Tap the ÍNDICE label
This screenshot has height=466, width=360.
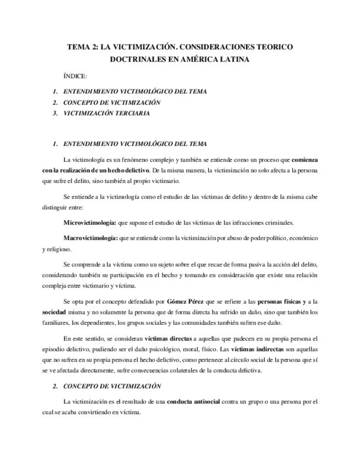point(75,76)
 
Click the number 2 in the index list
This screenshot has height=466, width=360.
point(55,102)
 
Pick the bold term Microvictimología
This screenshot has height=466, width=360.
point(90,223)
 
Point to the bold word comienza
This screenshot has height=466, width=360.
point(304,160)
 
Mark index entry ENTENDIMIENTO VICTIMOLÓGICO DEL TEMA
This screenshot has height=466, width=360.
point(135,91)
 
